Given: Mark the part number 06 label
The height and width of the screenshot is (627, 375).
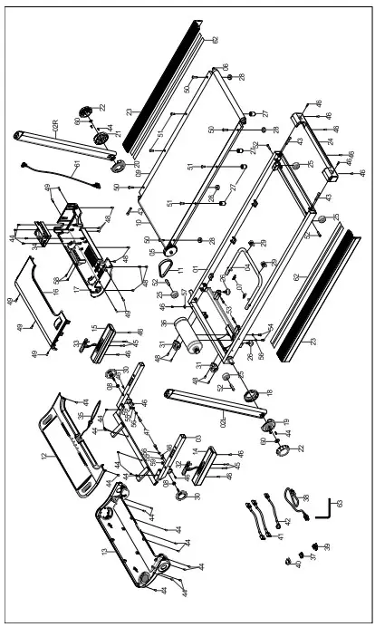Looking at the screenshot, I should pyautogui.click(x=226, y=68).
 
